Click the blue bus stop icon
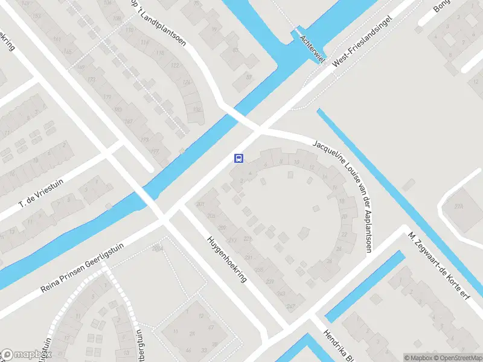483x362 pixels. (239, 159)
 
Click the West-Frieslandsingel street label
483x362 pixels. (362, 46)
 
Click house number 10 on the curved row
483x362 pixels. (296, 162)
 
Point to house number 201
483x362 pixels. (200, 205)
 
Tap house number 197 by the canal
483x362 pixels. (156, 151)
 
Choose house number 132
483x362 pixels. (197, 109)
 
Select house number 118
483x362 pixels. (161, 54)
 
